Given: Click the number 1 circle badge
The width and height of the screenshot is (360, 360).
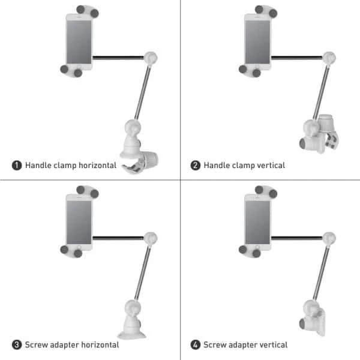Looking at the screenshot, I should click(x=17, y=165).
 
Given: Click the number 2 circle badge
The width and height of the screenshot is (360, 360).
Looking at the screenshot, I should click(x=196, y=165).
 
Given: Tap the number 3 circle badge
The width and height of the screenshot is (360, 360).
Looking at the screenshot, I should click(x=17, y=344).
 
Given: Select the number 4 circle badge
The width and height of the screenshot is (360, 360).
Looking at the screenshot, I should click(x=196, y=344).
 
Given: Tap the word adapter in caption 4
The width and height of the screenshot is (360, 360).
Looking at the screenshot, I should click(x=244, y=344).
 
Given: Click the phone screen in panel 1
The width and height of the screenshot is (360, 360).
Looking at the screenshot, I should click(x=79, y=39).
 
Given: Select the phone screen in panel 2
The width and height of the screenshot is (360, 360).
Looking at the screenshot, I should click(x=258, y=39).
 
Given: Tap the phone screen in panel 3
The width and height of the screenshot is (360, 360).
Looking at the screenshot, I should click(x=79, y=218).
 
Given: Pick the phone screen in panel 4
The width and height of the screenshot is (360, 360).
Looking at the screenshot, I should click(x=258, y=218).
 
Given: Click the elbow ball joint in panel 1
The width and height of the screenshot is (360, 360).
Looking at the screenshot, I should click(x=152, y=58).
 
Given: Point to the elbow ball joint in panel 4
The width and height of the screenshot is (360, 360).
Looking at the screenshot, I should click(x=329, y=238).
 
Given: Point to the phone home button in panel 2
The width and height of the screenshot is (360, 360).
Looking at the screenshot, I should click(x=257, y=65).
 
